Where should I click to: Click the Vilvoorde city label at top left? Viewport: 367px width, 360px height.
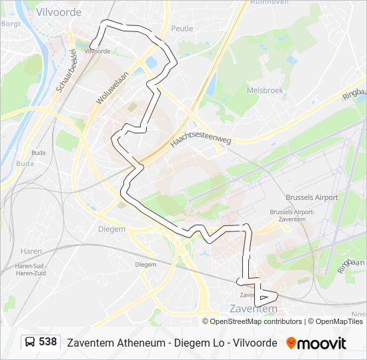60,12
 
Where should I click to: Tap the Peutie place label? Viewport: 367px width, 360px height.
181,28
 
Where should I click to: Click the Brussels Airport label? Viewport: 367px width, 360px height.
312,197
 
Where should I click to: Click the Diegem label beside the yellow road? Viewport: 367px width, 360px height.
111,229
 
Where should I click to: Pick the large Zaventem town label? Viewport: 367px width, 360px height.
253,309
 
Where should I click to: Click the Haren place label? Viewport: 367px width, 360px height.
31,251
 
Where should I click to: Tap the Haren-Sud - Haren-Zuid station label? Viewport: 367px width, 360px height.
30,269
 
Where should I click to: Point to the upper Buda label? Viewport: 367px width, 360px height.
39,153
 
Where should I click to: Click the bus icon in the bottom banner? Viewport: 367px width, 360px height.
30,343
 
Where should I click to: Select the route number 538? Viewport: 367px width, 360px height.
47,342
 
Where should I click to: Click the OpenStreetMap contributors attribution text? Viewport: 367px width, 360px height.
256,321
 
